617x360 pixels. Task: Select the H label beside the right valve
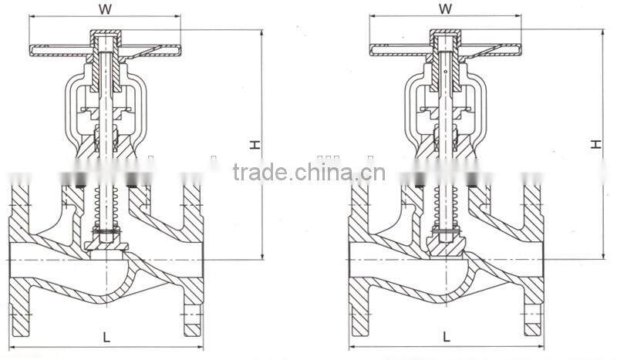point(595,144)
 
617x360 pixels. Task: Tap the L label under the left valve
point(106,336)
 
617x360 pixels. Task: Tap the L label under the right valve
point(447,336)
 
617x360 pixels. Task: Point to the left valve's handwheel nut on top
point(103,36)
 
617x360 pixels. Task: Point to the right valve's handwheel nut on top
point(445,36)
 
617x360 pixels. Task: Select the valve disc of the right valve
point(445,245)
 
